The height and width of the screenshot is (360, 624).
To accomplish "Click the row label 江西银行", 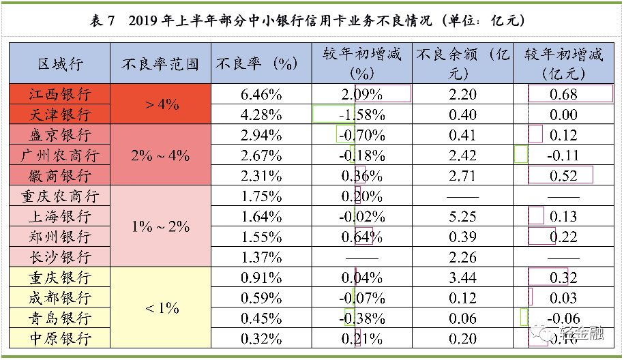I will tap(60, 94).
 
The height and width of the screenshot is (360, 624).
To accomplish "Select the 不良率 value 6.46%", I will tap(261, 94).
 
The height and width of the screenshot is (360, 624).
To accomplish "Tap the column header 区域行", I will tap(60, 64).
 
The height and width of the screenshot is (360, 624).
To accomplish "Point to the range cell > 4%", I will tap(162, 104).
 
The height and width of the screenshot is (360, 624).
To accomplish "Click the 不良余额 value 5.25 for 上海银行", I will tap(463, 217).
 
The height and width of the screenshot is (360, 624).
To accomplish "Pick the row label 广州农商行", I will tap(60, 155).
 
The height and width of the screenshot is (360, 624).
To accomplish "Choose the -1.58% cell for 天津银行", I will tap(362, 115).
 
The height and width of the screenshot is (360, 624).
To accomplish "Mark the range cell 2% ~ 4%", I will tap(162, 155).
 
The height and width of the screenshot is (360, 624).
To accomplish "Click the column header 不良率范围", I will tap(162, 64).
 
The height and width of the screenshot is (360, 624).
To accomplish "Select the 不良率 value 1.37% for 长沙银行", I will tap(261, 258).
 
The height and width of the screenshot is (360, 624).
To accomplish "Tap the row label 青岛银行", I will tap(60, 319).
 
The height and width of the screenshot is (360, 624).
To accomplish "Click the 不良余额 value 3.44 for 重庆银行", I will tap(463, 278).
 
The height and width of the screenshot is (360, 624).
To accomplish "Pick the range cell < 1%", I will tap(162, 308).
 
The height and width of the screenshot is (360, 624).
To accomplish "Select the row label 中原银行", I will tap(60, 339).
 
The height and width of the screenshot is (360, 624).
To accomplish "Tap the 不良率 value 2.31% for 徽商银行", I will tap(261, 176).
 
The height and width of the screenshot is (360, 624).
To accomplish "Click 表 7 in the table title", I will tap(102, 20).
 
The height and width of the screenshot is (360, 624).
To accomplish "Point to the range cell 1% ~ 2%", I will tap(162, 227).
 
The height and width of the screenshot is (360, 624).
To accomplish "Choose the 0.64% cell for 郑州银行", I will tap(362, 237).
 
